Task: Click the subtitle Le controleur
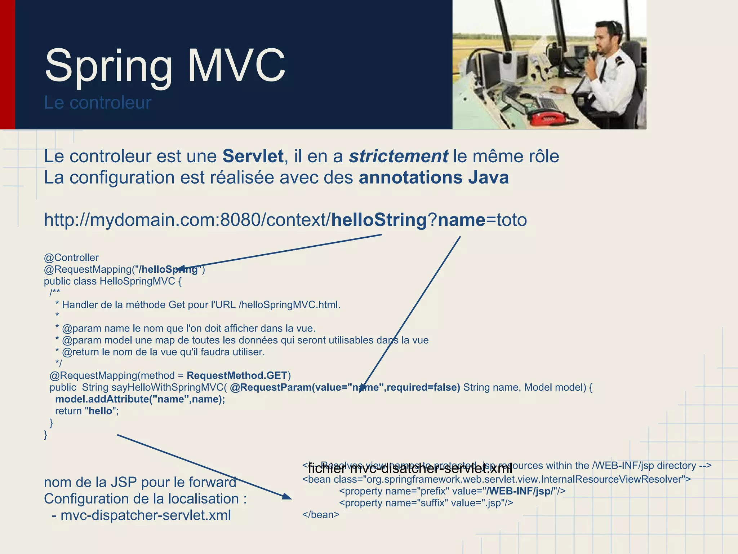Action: coord(97,103)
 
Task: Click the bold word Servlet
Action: coord(253,157)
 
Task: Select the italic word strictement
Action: coord(398,157)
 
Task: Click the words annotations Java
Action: coord(434,178)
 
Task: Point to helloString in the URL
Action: coord(379,220)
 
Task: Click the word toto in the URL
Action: coord(512,220)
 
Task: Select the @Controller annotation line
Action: coord(71,258)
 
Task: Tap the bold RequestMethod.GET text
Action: coord(237,375)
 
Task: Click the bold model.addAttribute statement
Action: coord(140,399)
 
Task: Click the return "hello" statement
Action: coord(86,411)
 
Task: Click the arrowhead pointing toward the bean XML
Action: coord(287,497)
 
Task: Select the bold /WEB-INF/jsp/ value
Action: coord(519,491)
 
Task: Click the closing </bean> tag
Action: coord(321,515)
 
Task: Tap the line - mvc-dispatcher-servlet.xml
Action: coord(141,515)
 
